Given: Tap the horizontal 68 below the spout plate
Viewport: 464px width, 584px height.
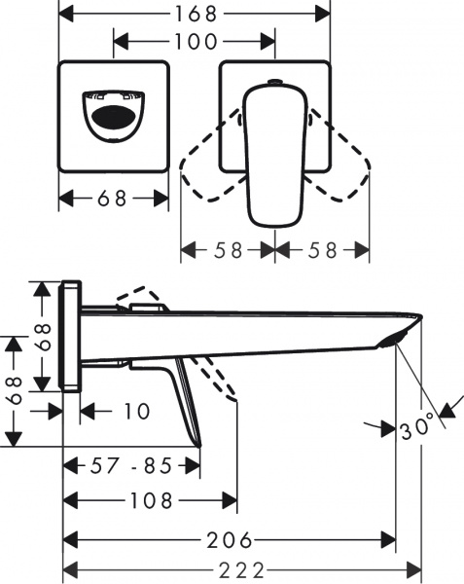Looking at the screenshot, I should coord(113,199).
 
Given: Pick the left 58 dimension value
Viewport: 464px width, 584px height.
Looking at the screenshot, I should coord(228,250).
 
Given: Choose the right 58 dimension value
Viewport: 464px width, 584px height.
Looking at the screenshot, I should coord(322,250).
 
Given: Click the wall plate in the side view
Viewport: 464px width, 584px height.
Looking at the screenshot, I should coord(71,336).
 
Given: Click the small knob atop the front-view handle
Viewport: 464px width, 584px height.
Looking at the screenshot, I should coord(273,83).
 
